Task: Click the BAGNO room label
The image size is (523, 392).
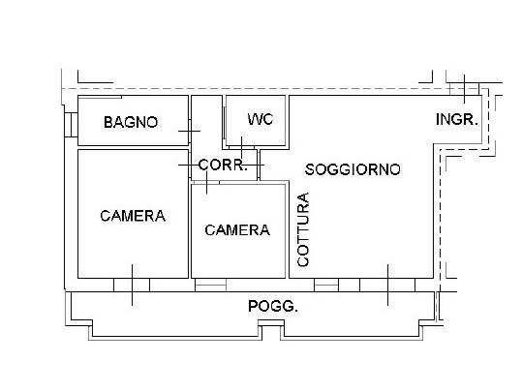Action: point(131,122)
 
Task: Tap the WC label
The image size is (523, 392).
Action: point(261,119)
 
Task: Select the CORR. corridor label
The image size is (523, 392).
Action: point(223,165)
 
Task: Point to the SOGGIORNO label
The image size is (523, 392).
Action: point(353,169)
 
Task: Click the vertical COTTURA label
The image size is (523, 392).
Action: point(303,229)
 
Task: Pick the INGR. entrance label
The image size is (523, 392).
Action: point(457,119)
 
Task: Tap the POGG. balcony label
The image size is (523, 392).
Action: point(273,306)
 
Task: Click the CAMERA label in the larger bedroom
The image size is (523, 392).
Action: point(133,216)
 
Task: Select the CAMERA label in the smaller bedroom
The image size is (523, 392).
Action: point(237,230)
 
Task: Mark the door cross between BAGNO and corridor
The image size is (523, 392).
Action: point(190,131)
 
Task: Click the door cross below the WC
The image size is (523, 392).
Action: point(242,147)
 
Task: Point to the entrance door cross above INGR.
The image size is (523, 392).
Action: point(464,89)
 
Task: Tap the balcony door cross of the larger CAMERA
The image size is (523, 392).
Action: point(132,285)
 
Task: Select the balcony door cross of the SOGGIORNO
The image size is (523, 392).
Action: point(387,285)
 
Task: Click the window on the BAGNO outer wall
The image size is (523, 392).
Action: point(71,125)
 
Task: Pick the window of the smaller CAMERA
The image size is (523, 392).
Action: point(210,285)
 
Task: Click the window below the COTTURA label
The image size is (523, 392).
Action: point(326,285)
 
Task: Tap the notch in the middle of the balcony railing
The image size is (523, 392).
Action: point(271,330)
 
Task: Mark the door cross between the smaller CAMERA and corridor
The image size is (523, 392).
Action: point(206,182)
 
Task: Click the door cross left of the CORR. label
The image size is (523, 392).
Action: point(190,165)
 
